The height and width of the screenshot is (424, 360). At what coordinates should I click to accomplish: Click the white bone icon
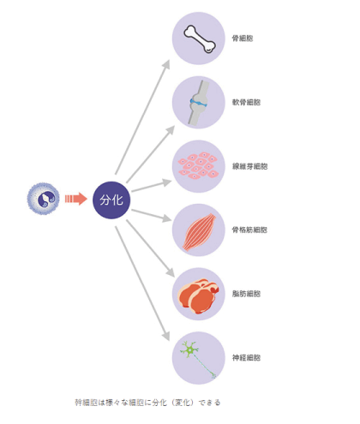point(200,39)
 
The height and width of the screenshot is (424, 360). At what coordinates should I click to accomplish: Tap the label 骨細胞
point(243,39)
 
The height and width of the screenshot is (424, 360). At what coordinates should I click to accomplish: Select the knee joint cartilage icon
point(198,103)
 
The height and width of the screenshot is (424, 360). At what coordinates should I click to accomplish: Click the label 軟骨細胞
point(246,102)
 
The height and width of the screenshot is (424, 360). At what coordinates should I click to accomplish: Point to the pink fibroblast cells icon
point(198,165)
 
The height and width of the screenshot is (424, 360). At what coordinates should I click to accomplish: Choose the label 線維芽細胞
point(249,166)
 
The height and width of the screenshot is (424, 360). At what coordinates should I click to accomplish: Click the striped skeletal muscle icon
point(199,231)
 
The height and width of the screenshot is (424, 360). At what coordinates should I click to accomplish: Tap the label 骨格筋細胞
point(249,230)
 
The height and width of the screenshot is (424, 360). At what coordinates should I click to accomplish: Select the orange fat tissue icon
point(198,296)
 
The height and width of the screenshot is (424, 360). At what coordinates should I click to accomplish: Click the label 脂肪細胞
point(246,294)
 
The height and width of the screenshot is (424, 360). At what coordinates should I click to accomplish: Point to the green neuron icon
point(198,359)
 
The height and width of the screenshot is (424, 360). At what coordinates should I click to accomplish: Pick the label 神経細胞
point(246,358)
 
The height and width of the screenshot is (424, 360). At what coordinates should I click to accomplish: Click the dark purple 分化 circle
point(111,200)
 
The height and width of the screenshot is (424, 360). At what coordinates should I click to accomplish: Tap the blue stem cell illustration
point(43,199)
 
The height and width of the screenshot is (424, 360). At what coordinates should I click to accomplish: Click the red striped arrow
point(76,199)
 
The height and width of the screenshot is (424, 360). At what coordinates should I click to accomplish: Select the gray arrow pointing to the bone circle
point(142,117)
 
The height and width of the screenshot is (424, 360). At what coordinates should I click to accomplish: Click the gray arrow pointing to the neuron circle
point(142,284)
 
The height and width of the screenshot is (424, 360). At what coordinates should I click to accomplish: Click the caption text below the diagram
point(147,403)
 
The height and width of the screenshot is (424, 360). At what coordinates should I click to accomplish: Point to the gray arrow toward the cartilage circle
point(150,154)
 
